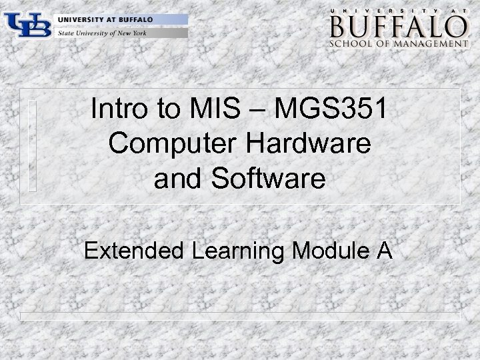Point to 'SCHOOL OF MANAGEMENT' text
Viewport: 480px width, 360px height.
[x=397, y=45]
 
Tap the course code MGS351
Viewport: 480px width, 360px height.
[x=333, y=109]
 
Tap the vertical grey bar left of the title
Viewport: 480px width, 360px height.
[x=31, y=145]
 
